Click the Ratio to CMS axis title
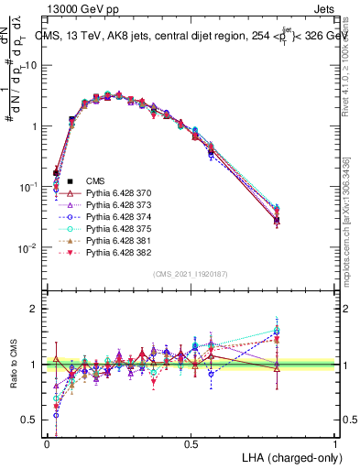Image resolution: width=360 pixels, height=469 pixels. [x=13, y=365]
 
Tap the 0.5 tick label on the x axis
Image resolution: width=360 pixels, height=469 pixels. [x=191, y=443]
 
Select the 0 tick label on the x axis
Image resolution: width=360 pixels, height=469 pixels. [x=48, y=443]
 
